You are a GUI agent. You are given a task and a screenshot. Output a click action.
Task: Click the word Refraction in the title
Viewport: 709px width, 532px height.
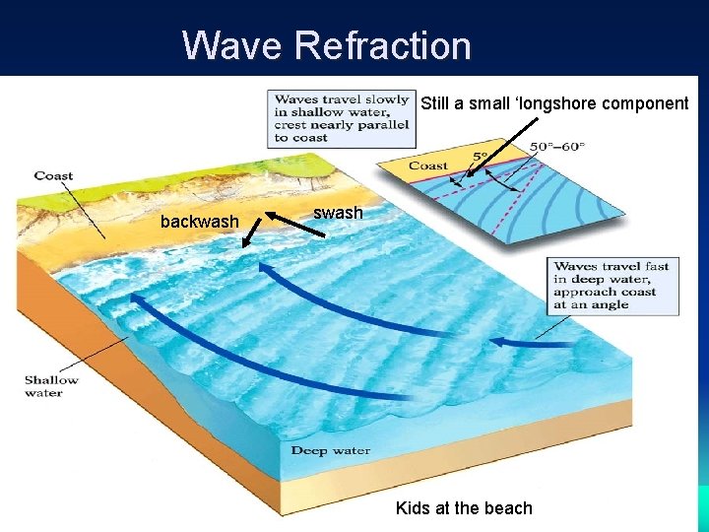point(383,45)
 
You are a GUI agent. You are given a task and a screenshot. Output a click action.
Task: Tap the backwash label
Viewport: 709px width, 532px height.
point(200,222)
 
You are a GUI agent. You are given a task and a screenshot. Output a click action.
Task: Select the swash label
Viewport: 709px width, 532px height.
point(338,213)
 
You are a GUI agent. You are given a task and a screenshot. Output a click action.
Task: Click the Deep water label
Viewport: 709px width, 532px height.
point(331,451)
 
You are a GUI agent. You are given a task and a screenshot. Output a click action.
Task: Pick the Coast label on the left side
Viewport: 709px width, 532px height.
point(53,176)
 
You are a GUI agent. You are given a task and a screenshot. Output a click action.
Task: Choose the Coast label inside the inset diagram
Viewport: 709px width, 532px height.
point(428,166)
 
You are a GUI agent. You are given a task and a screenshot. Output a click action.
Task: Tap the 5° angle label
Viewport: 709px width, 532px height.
point(480,156)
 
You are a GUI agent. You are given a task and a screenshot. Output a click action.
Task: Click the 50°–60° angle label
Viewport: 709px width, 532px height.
point(557,147)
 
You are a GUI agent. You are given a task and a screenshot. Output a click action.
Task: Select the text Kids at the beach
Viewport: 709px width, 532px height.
point(464,508)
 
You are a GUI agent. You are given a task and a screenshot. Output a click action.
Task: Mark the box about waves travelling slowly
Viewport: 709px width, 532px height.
point(341,118)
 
